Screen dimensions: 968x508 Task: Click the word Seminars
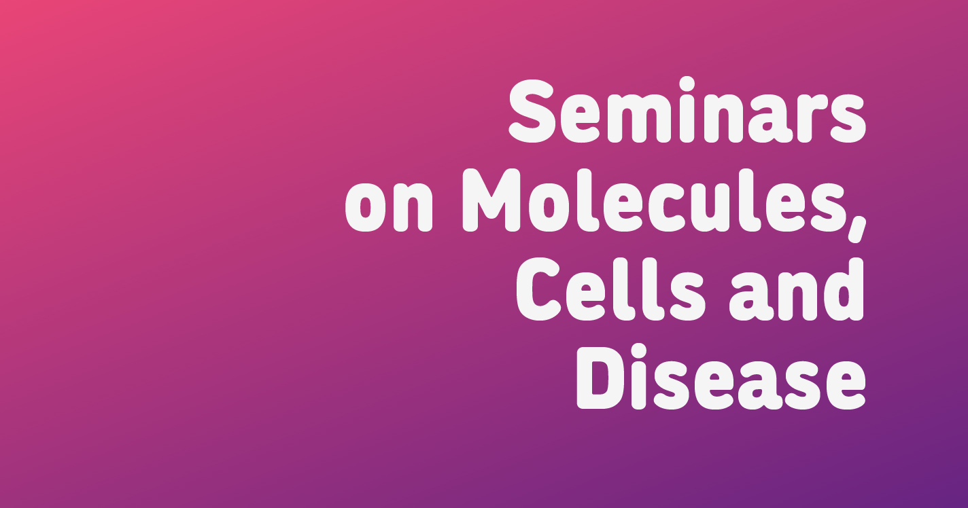click(x=687, y=111)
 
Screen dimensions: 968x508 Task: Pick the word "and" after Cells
click(x=797, y=289)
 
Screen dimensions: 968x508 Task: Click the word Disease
click(x=721, y=377)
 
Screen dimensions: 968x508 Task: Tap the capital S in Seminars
click(x=532, y=111)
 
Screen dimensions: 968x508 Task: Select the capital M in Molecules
click(x=491, y=200)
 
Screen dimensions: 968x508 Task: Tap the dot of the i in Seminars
click(x=687, y=84)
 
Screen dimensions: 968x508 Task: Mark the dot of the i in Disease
click(x=639, y=351)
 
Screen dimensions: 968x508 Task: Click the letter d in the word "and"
click(x=844, y=289)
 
